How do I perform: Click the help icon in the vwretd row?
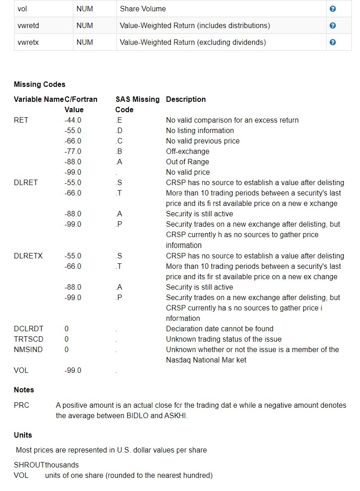[333, 25]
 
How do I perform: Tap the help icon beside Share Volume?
[333, 9]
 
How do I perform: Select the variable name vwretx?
[28, 42]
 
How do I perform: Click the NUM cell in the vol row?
[85, 9]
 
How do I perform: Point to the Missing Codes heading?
[39, 84]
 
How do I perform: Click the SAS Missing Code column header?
[137, 104]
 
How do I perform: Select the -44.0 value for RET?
[73, 120]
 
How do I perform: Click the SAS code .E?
[119, 120]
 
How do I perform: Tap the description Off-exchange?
[187, 151]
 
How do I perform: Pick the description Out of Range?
[187, 162]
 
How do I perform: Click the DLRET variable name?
[26, 182]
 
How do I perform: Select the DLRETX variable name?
[28, 256]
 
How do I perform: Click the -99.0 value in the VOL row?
[73, 370]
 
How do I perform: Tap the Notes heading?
[24, 390]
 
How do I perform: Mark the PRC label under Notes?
[21, 405]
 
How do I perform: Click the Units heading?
[23, 435]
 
